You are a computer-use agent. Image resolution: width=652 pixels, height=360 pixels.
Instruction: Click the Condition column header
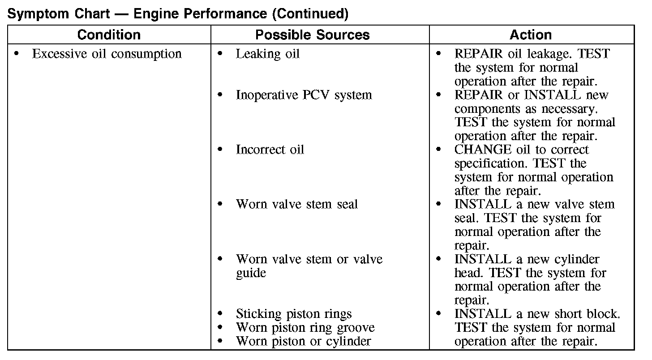pos(109,35)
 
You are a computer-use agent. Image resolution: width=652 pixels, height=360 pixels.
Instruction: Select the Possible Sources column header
pos(312,35)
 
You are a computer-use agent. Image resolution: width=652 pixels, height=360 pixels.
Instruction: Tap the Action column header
pos(531,35)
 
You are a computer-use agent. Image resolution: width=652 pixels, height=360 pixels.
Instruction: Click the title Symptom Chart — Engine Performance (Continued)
pos(178,14)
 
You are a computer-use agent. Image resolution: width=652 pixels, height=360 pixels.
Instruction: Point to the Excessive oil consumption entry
pos(107,54)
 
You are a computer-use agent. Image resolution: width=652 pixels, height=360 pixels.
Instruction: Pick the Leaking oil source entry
pos(267,54)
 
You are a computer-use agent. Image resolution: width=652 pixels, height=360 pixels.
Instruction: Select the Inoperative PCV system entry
pos(304,95)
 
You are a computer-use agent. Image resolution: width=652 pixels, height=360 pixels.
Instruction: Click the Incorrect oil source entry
pos(270,150)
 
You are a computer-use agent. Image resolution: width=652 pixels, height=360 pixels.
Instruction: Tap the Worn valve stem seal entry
pos(296,205)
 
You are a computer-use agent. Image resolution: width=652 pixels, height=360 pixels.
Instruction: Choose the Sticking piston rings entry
pos(293,314)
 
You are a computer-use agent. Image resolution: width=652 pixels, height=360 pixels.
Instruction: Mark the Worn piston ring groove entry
pos(305,328)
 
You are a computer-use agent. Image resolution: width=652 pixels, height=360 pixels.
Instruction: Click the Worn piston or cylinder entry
pos(303,342)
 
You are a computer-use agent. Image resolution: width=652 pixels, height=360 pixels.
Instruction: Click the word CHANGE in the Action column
pos(476,150)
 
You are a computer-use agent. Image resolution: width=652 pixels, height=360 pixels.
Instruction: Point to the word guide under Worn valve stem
pos(251,273)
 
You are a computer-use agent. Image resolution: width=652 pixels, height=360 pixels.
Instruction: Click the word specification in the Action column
pos(491,164)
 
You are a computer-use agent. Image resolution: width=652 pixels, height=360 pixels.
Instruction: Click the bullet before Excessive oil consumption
pos(17,54)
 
